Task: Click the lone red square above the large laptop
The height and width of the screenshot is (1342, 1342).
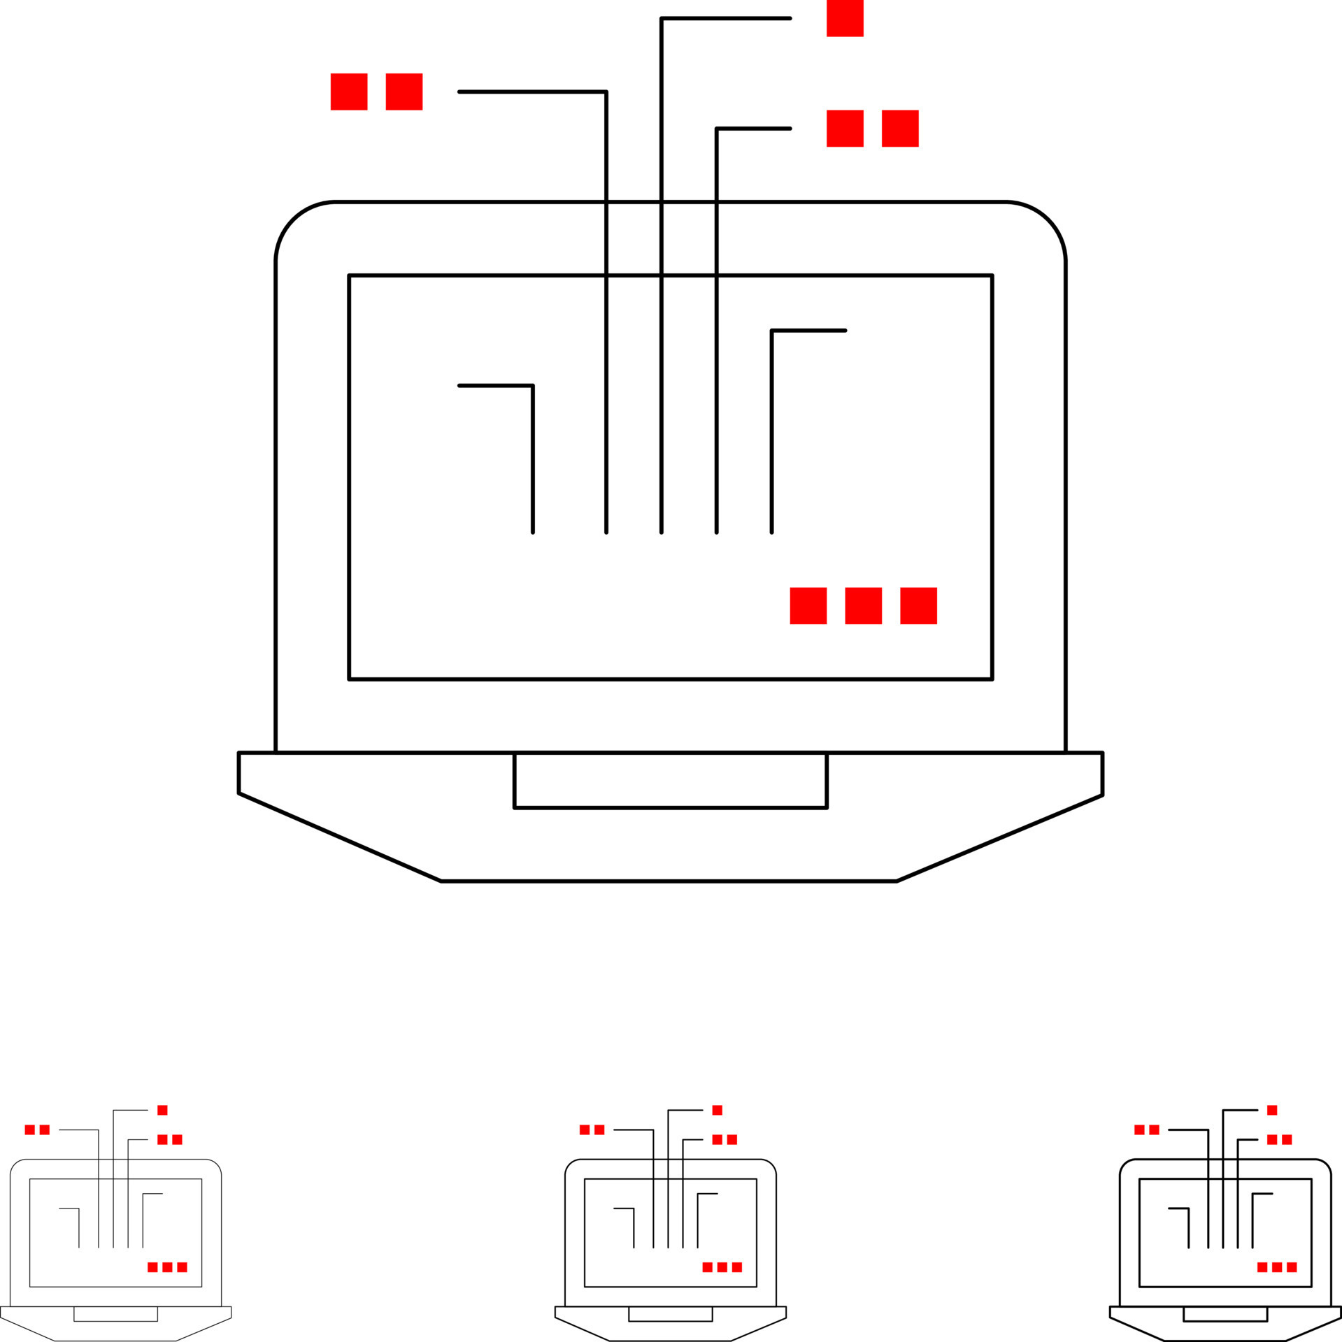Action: coord(845,18)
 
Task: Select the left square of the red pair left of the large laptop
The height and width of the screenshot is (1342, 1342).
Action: coord(349,92)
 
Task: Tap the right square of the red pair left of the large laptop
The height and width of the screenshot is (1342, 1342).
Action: coord(404,92)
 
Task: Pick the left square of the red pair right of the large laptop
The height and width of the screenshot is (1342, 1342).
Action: coord(845,129)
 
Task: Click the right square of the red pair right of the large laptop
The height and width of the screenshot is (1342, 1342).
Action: coord(900,129)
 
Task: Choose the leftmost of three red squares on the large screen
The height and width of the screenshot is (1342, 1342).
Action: coord(808,606)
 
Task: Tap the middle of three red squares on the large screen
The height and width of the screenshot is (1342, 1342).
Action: coord(863,606)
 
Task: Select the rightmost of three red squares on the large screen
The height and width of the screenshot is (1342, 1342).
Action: coord(918,606)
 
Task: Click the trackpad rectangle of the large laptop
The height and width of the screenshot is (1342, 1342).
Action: coord(670,780)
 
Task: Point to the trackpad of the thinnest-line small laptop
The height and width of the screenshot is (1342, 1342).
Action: coord(115,1313)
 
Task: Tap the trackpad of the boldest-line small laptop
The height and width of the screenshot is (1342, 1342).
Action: coord(1225,1313)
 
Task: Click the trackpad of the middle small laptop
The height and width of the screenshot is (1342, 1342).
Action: coord(670,1313)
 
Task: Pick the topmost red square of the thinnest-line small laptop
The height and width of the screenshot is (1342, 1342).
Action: coord(162,1110)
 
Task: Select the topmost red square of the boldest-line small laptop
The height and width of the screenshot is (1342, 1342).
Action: coord(1272,1110)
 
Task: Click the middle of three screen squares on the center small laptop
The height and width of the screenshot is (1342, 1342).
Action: coord(722,1267)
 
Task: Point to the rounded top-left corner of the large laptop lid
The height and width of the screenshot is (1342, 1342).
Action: coord(293,219)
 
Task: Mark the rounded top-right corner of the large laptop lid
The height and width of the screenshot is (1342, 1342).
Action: coord(1048,219)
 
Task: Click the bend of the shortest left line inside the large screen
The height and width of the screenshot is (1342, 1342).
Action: coord(532,386)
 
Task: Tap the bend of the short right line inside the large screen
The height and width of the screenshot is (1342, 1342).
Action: coord(772,331)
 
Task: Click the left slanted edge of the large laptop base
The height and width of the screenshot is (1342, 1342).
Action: coord(339,837)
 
